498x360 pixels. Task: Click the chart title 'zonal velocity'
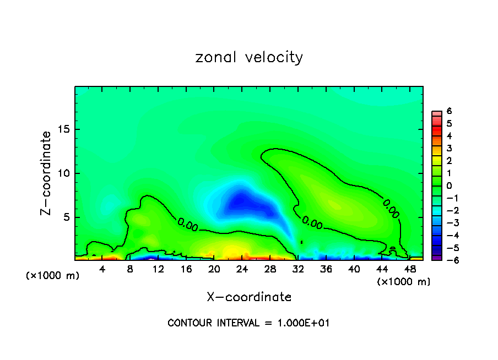click(x=249, y=57)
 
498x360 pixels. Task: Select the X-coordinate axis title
click(x=249, y=297)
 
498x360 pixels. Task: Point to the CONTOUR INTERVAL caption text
click(x=248, y=323)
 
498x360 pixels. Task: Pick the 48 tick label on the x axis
click(x=410, y=269)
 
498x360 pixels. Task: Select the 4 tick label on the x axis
click(x=102, y=269)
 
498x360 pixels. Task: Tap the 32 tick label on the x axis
click(x=298, y=269)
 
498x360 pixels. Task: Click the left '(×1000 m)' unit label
click(x=53, y=276)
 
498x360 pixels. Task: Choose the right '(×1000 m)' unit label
click(x=404, y=282)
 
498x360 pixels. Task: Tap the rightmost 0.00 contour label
click(x=391, y=208)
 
